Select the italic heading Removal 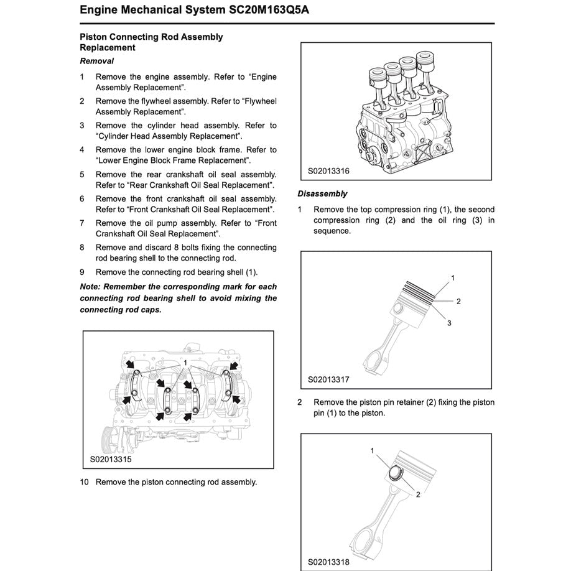pyautogui.click(x=96, y=61)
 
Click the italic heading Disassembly pyautogui.click(x=322, y=193)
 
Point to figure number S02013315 pyautogui.click(x=111, y=460)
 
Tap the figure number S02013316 pyautogui.click(x=328, y=171)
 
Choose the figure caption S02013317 pyautogui.click(x=328, y=379)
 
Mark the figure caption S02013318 pyautogui.click(x=328, y=562)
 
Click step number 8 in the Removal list pyautogui.click(x=82, y=247)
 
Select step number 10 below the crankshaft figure pyautogui.click(x=84, y=482)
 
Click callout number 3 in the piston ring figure pyautogui.click(x=449, y=323)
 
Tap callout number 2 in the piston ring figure pyautogui.click(x=458, y=301)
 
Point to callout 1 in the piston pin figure pyautogui.click(x=373, y=450)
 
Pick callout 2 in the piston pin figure pyautogui.click(x=418, y=494)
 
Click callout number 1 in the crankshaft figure pyautogui.click(x=185, y=361)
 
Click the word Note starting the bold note pyautogui.click(x=90, y=287)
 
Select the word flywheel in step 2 pyautogui.click(x=161, y=101)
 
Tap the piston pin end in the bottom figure pyautogui.click(x=395, y=473)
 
